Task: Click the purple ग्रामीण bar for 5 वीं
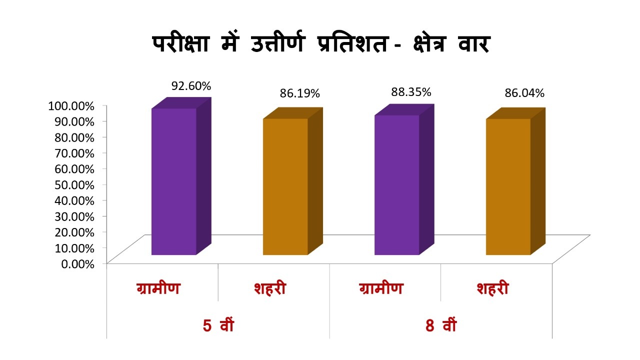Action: click(174, 181)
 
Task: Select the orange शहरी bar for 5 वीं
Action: click(285, 186)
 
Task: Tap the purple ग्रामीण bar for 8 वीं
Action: click(396, 184)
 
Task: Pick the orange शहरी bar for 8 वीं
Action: click(508, 186)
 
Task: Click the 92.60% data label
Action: click(191, 86)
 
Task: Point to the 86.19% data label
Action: click(299, 93)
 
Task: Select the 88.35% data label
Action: click(410, 92)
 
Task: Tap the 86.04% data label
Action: click(524, 93)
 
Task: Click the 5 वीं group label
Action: click(218, 325)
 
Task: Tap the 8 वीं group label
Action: click(441, 325)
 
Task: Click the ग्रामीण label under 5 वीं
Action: click(158, 289)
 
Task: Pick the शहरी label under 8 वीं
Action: click(492, 289)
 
